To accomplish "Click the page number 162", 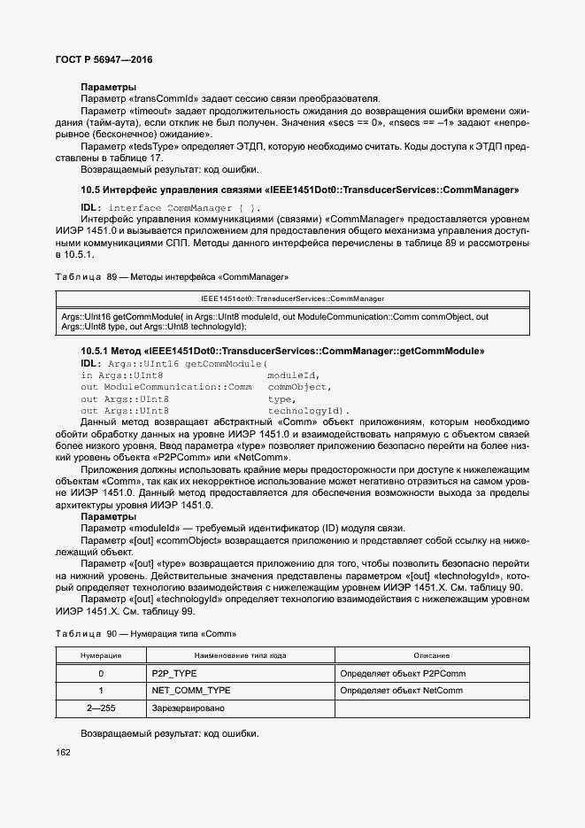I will [64, 753].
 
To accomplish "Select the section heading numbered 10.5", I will [299, 190].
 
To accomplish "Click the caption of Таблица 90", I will [146, 634].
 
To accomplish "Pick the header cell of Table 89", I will [292, 298].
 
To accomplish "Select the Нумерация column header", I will [101, 655].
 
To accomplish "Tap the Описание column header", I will [432, 655].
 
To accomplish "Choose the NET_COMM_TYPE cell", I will [191, 690].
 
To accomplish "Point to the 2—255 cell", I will [101, 708].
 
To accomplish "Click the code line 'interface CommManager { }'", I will [177, 207].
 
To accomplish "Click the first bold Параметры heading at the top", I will [108, 87].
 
